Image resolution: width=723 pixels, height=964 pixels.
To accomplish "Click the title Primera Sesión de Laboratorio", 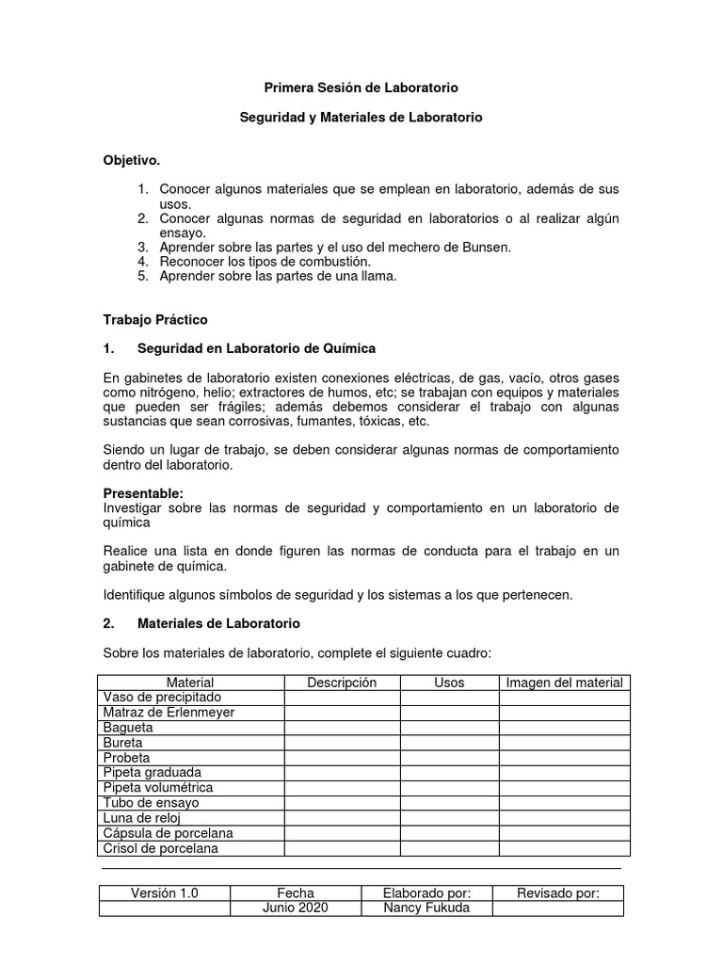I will [361, 88].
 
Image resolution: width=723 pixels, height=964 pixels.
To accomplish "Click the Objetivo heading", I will [132, 161].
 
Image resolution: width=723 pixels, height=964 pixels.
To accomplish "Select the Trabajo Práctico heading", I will [154, 320].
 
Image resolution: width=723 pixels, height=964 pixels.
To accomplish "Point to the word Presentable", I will [142, 493].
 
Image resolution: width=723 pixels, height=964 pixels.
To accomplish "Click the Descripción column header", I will [342, 683].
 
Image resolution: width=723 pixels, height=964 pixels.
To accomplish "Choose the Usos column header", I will [449, 683].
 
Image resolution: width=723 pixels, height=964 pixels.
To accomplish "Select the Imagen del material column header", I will [564, 683].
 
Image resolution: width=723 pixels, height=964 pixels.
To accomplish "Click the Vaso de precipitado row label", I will [162, 698].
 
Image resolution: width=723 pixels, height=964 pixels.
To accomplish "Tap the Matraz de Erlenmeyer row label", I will [169, 713].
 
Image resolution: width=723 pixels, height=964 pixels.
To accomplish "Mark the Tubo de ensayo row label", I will [151, 803].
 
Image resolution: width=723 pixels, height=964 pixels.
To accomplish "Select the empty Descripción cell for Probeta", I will [342, 758].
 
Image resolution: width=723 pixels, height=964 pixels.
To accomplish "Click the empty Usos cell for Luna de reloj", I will [449, 818].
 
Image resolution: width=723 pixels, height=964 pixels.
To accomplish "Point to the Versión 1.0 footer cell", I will [164, 893].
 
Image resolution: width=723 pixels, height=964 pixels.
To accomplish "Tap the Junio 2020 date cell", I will [296, 908].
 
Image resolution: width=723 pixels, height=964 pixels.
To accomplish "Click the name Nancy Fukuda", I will [426, 908].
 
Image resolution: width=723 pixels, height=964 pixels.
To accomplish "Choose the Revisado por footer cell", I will [558, 893].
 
